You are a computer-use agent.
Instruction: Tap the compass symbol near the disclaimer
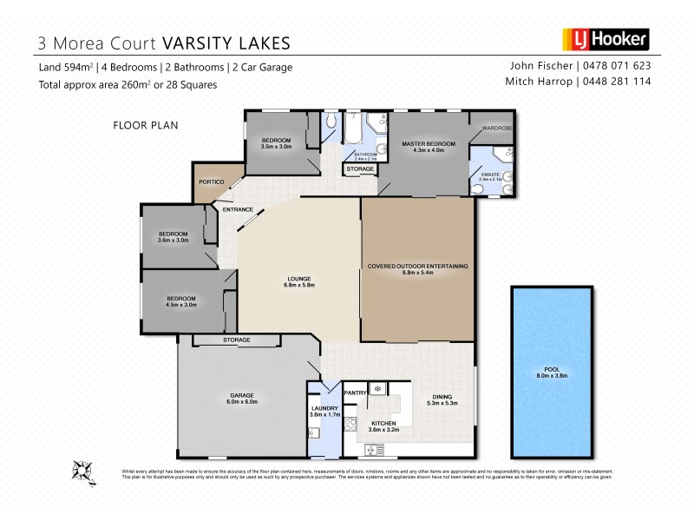pos(82,470)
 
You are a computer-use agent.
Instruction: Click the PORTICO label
pos(213,181)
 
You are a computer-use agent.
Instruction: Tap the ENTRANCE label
pos(237,210)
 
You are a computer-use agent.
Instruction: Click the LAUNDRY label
pos(326,408)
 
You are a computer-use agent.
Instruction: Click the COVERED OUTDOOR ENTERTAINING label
pos(418,266)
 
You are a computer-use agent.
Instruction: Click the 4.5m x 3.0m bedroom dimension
pos(183,305)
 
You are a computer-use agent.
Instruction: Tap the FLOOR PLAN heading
pos(146,125)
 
